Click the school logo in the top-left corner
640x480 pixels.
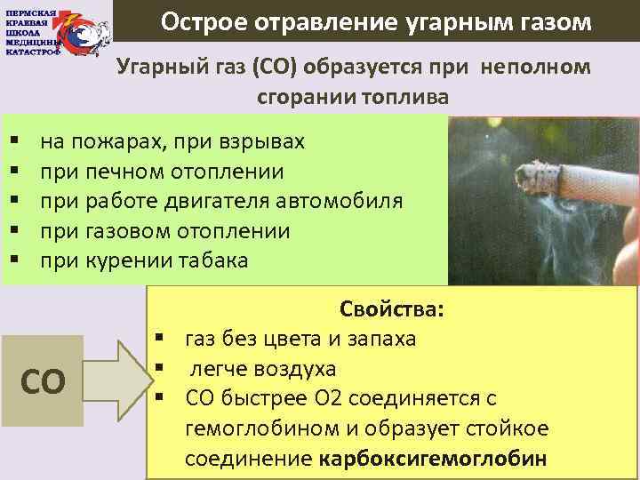(57, 31)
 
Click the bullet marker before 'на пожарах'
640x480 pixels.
(14, 143)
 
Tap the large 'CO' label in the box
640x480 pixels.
(43, 381)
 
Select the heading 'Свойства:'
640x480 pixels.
(392, 310)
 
